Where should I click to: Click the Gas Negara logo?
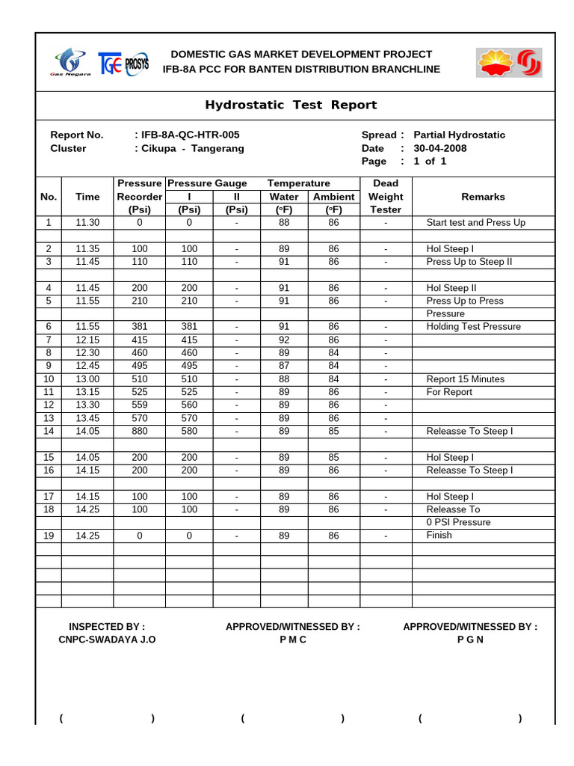[72, 62]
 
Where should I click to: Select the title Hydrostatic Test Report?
[291, 105]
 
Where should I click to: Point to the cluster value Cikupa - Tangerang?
[189, 148]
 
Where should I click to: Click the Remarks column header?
[483, 197]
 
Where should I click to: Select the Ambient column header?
[333, 197]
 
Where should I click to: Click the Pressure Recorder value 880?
[139, 431]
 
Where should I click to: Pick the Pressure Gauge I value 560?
[189, 405]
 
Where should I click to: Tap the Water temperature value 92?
[284, 340]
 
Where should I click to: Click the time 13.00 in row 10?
[87, 379]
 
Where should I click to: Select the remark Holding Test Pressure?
[473, 327]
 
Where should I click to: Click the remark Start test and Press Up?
[475, 223]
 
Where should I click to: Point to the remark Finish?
[439, 536]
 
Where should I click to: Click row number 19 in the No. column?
[49, 536]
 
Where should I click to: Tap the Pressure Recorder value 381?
[139, 327]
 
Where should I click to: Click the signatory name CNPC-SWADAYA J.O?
[107, 640]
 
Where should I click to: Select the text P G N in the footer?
[470, 640]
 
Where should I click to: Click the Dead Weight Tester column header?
[386, 197]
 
